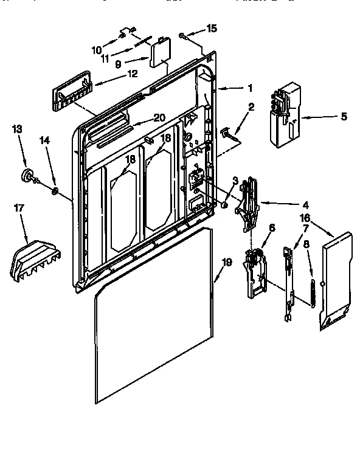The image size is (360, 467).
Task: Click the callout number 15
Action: [211, 28]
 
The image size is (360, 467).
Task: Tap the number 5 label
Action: [344, 116]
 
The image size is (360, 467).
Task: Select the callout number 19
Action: [226, 263]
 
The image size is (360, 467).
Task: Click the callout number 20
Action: [159, 117]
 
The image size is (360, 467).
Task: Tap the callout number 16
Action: [305, 217]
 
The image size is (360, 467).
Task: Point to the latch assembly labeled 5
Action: [283, 116]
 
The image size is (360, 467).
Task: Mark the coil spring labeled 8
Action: [313, 291]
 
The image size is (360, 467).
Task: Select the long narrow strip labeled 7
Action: [288, 283]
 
